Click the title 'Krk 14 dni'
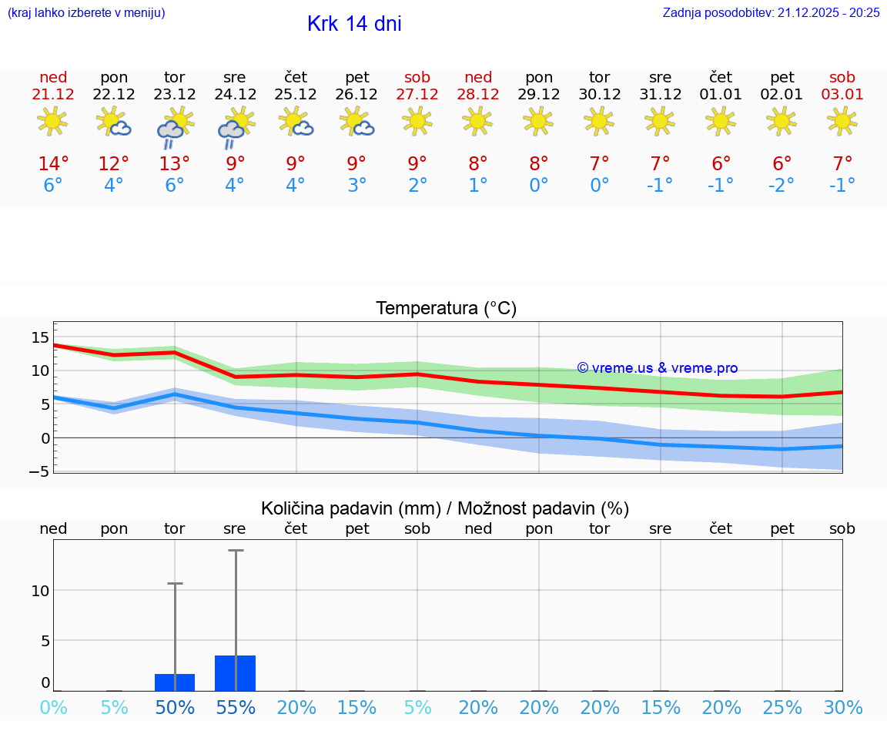pos(354,24)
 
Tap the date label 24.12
pos(235,94)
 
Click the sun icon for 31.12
pos(660,120)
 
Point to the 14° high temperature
pos(53,164)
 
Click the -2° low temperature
pos(781,185)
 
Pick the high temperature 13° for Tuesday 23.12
pos(174,164)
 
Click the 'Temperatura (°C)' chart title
pos(446,309)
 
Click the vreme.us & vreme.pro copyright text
pos(658,368)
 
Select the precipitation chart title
pos(445,508)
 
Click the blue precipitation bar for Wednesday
pos(235,673)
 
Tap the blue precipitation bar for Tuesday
pos(174,682)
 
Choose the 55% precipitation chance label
pos(235,707)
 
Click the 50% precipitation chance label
pos(174,707)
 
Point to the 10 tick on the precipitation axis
pos(40,590)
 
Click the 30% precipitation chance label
pos(842,707)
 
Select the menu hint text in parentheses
pos(86,12)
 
